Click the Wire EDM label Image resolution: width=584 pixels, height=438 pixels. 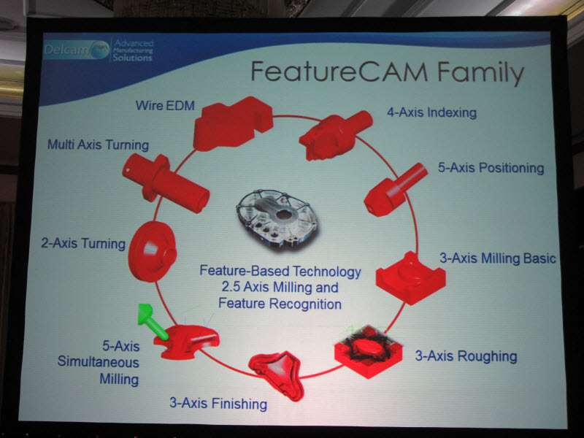tap(165, 106)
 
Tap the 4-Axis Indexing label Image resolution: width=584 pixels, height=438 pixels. tap(431, 112)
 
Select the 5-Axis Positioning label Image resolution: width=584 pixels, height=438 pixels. tap(491, 168)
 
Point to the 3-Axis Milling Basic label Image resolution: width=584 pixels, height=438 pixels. tap(498, 258)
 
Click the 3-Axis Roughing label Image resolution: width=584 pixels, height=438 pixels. tap(466, 356)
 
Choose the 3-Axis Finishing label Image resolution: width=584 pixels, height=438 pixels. tap(218, 404)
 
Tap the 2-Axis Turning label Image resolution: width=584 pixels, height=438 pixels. tap(83, 244)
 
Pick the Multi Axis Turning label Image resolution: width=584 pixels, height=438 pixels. tap(99, 145)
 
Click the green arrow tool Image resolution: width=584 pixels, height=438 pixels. tap(152, 320)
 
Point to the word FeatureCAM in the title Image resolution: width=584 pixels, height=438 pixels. tap(339, 71)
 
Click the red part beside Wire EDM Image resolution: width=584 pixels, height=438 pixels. tap(232, 123)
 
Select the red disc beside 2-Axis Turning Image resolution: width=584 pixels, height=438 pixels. tap(152, 251)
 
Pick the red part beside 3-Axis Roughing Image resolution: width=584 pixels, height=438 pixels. tap(368, 351)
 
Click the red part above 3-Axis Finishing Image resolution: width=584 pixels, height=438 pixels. tap(277, 374)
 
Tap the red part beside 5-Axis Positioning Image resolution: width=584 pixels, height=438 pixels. tap(394, 191)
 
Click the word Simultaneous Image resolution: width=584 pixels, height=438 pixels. tap(99, 362)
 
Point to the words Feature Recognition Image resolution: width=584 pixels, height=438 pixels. tap(280, 304)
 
